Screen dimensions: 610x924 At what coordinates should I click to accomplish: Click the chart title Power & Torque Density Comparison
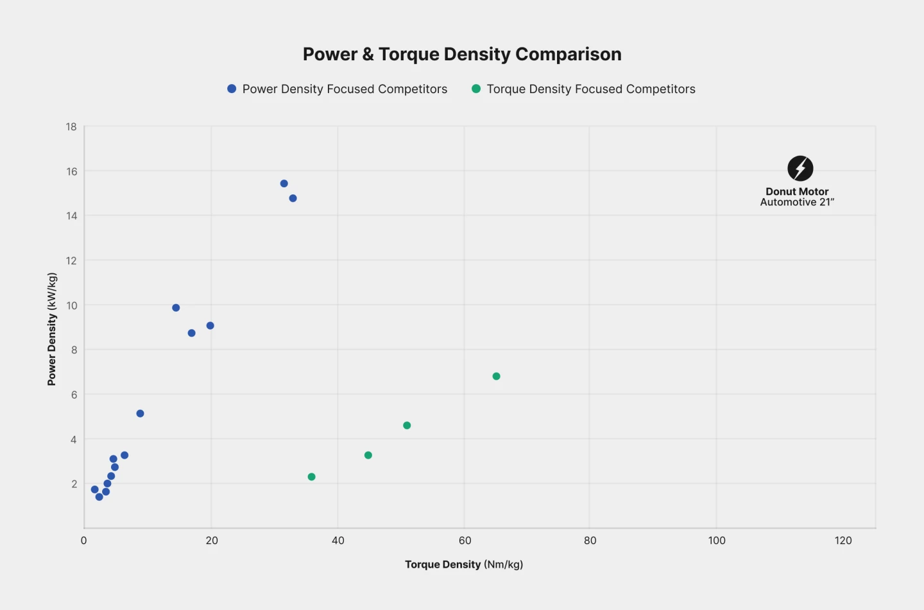coord(462,55)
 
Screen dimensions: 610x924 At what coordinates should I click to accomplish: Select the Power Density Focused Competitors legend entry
coord(338,89)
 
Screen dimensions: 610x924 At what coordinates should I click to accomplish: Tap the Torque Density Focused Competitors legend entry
coord(583,89)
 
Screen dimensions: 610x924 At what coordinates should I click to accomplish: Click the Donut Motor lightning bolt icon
coord(800,169)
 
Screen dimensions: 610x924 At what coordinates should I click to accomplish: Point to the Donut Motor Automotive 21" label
coord(797,197)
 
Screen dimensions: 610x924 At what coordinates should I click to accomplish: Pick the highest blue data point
coord(284,183)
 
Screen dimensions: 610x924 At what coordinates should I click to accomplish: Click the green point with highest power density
coord(496,377)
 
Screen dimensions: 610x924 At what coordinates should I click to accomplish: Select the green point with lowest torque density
coord(312,477)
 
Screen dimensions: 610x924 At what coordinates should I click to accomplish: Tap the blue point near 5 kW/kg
coord(141,414)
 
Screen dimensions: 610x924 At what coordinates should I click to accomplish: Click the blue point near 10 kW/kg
coord(176,308)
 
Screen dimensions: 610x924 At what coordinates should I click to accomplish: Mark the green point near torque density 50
coord(407,426)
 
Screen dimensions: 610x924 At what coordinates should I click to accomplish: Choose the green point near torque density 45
coord(368,455)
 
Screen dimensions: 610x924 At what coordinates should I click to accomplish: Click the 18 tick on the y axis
coord(71,127)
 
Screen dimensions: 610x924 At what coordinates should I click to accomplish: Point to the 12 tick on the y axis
coord(71,260)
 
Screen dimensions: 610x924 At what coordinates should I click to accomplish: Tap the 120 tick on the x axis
coord(843,541)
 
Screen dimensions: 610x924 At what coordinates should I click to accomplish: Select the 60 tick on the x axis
coord(465,541)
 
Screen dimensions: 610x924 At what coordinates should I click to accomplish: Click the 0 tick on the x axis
coord(84,541)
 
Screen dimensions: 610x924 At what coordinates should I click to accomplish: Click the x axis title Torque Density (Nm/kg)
coord(464,564)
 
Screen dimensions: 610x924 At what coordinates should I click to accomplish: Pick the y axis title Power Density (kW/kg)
coord(52,329)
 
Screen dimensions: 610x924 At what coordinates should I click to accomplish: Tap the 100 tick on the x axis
coord(717,541)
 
